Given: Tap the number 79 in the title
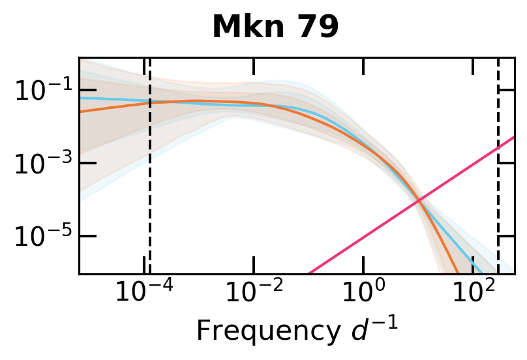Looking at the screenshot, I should click(x=317, y=27).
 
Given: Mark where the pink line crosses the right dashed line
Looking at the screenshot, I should click(x=498, y=148).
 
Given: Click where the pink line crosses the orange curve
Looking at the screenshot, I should click(x=420, y=200).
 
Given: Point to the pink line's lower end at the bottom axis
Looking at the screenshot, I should click(x=309, y=273).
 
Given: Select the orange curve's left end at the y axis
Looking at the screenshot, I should click(x=80, y=112).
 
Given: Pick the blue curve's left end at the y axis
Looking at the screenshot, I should click(x=80, y=98).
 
